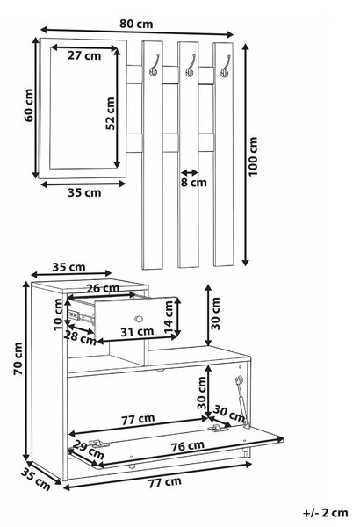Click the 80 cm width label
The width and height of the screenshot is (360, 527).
pyautogui.click(x=136, y=25)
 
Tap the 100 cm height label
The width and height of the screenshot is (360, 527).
pyautogui.click(x=253, y=156)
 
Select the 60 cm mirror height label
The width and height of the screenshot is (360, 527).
pyautogui.click(x=29, y=105)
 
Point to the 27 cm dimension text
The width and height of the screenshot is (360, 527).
pyautogui.click(x=84, y=55)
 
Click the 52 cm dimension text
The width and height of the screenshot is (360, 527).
pyautogui.click(x=111, y=113)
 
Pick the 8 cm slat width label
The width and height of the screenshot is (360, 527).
pyautogui.click(x=194, y=183)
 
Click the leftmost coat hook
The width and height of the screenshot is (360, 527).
pyautogui.click(x=155, y=65)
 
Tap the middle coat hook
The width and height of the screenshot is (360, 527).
pyautogui.click(x=191, y=65)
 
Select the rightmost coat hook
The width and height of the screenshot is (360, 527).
pyautogui.click(x=225, y=66)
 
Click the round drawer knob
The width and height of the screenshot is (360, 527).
pyautogui.click(x=139, y=318)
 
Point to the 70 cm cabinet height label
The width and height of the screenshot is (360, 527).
pyautogui.click(x=18, y=358)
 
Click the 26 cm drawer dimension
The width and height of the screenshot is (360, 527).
pyautogui.click(x=103, y=288)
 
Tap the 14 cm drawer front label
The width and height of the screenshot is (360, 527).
pyautogui.click(x=169, y=317)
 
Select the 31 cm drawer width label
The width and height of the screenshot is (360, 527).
pyautogui.click(x=137, y=332)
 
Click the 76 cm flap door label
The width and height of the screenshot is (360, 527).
pyautogui.click(x=188, y=445)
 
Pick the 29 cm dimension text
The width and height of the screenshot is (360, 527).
pyautogui.click(x=89, y=449)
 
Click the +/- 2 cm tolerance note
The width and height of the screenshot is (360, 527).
pyautogui.click(x=325, y=513)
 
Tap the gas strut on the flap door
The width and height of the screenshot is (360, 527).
pyautogui.click(x=242, y=402)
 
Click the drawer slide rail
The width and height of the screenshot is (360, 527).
pyautogui.click(x=81, y=316)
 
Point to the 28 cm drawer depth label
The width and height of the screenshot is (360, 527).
pyautogui.click(x=80, y=337)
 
